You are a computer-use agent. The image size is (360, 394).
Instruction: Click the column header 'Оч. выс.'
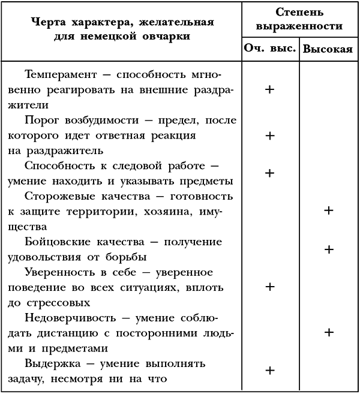[x=269, y=49]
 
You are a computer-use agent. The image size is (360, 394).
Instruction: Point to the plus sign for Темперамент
[x=269, y=89]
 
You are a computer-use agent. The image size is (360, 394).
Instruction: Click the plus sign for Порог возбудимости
[x=269, y=136]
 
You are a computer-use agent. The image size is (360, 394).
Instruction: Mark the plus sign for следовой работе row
[x=269, y=173]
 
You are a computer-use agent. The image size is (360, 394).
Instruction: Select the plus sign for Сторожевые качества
[x=328, y=210]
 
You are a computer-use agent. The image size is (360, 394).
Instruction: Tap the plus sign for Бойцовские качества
[x=328, y=249]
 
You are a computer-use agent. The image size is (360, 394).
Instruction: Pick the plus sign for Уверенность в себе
[x=269, y=287]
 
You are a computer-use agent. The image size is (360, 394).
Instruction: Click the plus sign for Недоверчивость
[x=328, y=332]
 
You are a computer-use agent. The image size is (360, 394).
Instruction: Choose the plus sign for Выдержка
[x=269, y=369]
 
